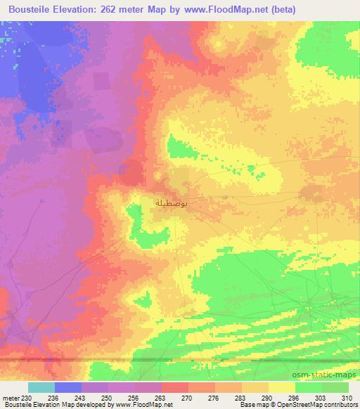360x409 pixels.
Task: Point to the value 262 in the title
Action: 110,10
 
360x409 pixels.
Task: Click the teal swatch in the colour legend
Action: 41,388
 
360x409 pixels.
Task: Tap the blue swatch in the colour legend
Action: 68,388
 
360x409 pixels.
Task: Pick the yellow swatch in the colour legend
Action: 282,388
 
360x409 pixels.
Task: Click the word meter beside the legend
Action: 11,398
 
